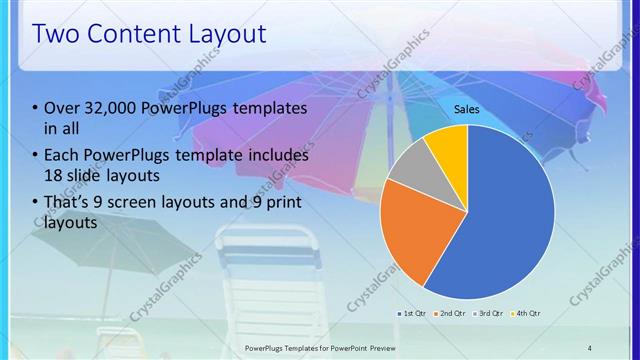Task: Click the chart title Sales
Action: (467, 109)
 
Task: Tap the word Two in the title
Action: (59, 34)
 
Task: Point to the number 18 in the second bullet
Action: (56, 176)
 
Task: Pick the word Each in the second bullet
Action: (62, 156)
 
